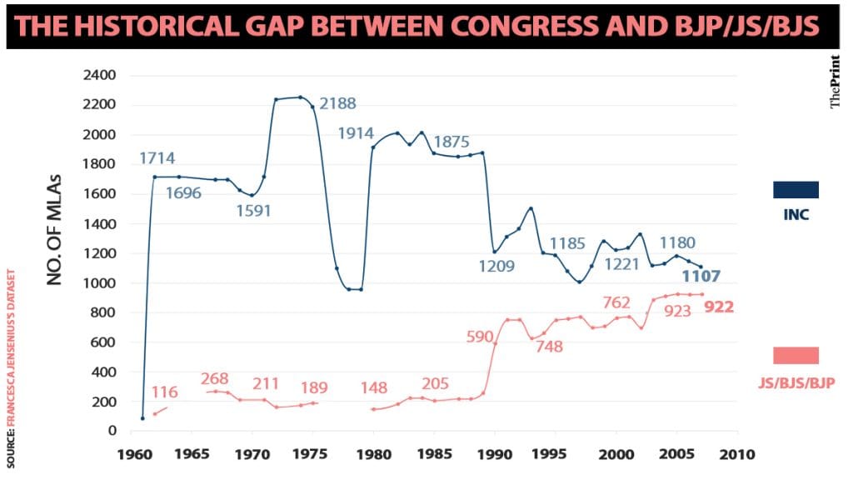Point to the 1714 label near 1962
tap(157, 158)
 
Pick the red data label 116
tap(165, 392)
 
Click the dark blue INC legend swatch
tap(796, 190)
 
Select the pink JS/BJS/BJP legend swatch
tap(796, 356)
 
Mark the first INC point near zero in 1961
tap(142, 418)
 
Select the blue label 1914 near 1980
tap(355, 133)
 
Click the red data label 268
tap(215, 379)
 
